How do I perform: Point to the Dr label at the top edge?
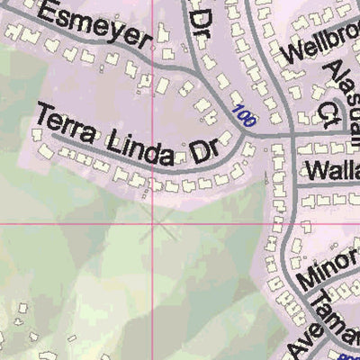(202, 18)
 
